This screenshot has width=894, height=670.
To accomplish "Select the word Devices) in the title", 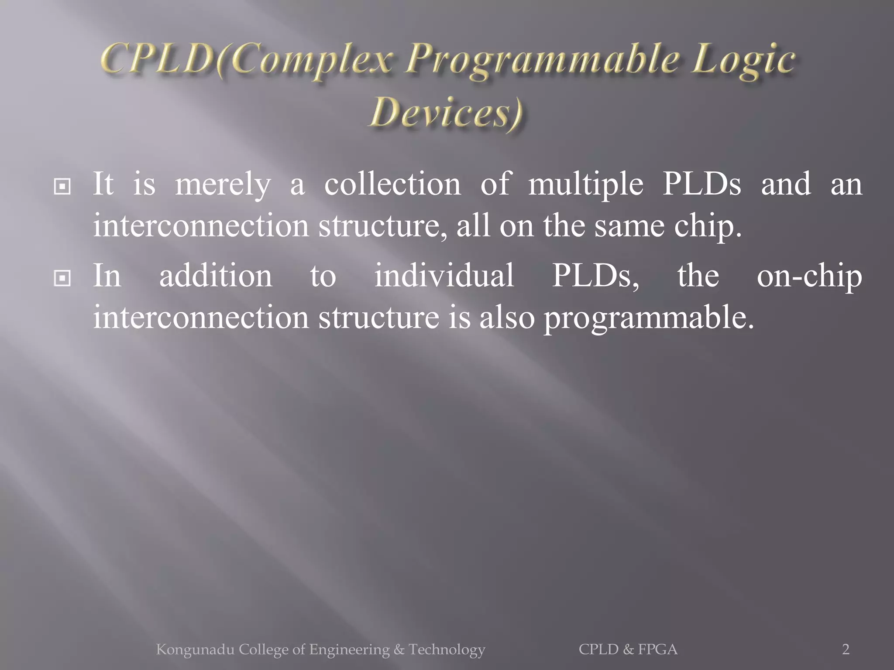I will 446,113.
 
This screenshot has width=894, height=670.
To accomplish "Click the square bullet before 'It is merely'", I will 62,187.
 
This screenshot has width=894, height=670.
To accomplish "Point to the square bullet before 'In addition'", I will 62,278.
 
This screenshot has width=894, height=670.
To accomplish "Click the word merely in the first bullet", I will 223,185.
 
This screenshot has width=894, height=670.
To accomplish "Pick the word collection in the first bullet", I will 392,184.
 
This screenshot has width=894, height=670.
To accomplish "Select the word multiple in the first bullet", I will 586,185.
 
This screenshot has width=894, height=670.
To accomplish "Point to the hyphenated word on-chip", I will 809,277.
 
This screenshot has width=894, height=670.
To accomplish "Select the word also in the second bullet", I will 507,317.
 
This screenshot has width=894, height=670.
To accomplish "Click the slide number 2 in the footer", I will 846,649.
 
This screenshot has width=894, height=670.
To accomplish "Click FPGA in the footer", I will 658,649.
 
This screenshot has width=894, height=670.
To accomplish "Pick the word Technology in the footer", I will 447,650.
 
